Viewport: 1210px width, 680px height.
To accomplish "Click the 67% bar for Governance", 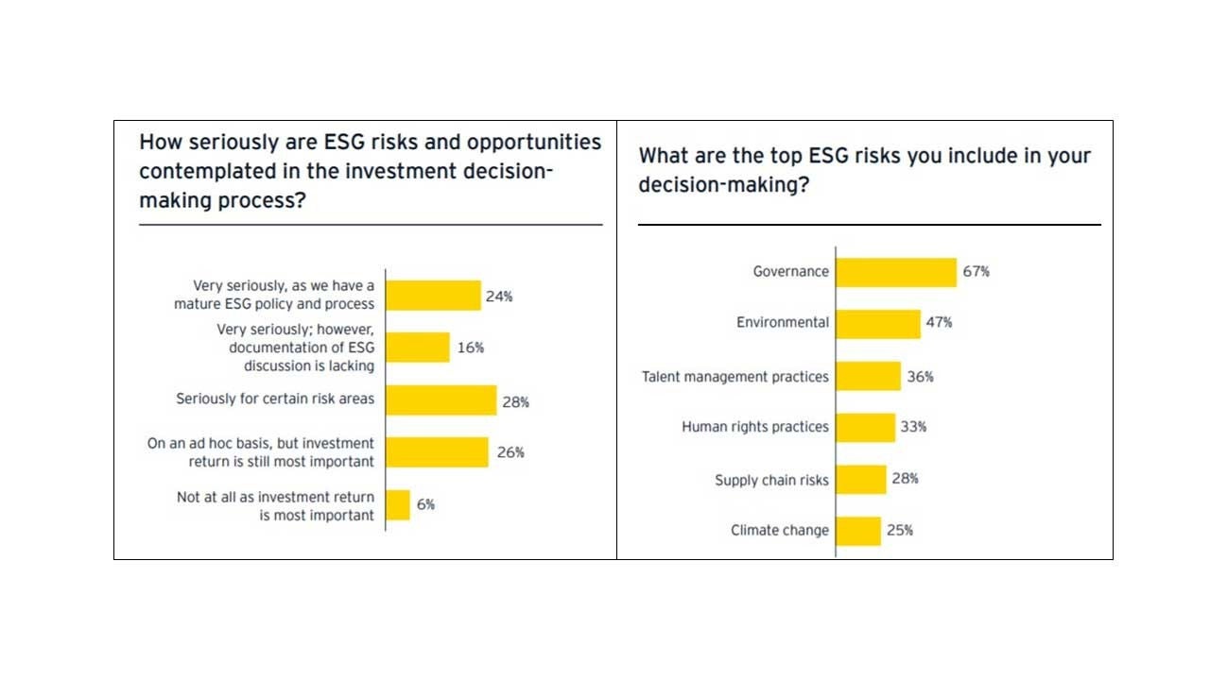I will pos(896,272).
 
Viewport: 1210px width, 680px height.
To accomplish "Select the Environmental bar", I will pos(878,323).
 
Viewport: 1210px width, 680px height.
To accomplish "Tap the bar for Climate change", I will pos(858,531).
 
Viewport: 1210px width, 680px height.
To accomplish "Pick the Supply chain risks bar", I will pos(861,480).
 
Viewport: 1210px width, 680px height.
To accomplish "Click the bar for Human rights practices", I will pos(865,427).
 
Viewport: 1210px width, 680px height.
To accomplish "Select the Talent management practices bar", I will pos(868,376).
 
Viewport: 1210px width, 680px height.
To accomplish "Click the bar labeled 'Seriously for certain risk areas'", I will pos(441,399).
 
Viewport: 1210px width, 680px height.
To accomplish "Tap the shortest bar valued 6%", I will pos(398,504).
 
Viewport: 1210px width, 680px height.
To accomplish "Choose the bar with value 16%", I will pos(418,348).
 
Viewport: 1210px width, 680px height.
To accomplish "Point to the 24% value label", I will pos(499,297).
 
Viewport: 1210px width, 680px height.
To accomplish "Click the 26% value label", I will pos(510,452).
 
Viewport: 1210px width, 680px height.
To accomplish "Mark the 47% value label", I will pos(939,323).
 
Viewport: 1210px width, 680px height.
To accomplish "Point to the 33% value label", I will pos(913,427).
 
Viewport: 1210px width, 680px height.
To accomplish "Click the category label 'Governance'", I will pos(790,272).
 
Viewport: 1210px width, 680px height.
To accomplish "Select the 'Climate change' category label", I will pos(779,531).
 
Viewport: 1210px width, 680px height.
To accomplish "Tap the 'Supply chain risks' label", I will pos(771,480).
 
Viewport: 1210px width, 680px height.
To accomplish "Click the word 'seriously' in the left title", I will pos(229,143).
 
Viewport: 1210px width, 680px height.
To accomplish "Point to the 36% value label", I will pos(920,377).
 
